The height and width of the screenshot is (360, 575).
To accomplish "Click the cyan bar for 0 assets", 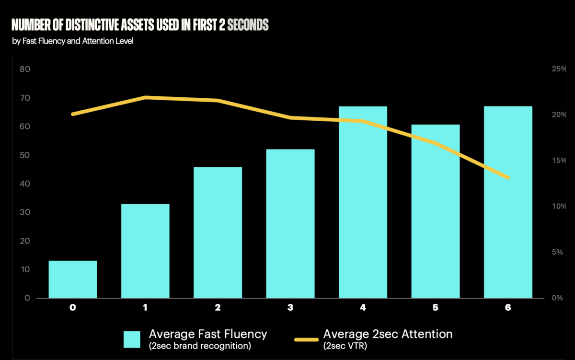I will (x=73, y=279).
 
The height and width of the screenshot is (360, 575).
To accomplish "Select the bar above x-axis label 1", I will (x=145, y=251).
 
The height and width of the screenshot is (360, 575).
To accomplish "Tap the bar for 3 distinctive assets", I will (x=290, y=224).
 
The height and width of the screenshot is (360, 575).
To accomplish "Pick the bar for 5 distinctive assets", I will (x=436, y=211).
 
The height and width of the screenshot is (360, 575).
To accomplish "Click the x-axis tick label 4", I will (x=363, y=308).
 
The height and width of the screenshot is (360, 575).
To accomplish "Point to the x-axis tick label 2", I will (x=218, y=308).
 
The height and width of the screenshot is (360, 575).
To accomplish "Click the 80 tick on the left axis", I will (x=24, y=70).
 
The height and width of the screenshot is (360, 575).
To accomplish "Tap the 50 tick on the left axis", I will (x=24, y=155).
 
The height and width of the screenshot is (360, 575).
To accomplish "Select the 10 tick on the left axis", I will (x=24, y=270).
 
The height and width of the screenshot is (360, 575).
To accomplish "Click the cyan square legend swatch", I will (x=132, y=339).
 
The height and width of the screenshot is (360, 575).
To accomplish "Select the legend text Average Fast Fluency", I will (x=208, y=334).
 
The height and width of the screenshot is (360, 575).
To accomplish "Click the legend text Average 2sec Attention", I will (x=388, y=334).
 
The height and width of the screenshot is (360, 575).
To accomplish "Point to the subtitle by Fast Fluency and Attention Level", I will (x=73, y=41).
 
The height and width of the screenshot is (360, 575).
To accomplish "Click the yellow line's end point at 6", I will (x=508, y=178).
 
